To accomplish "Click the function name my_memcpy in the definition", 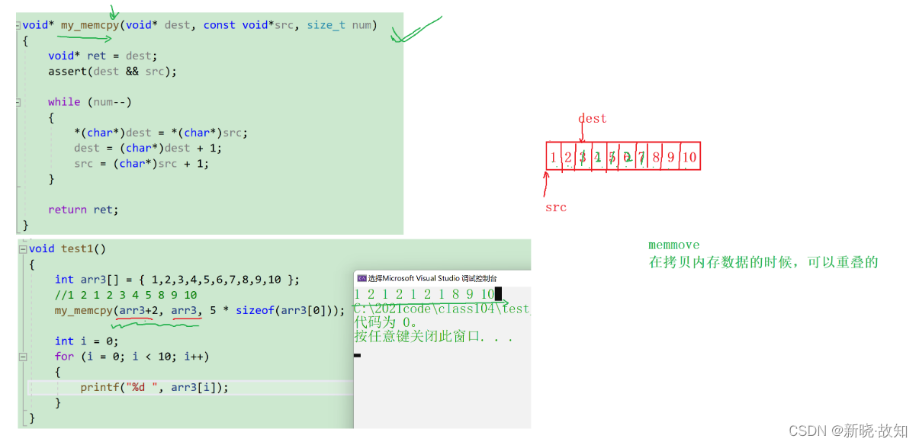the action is click(x=90, y=25).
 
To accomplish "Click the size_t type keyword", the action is click(x=326, y=25).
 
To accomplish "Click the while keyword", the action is click(x=63, y=101).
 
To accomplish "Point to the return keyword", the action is click(x=67, y=210).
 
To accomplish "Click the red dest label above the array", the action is click(x=592, y=118).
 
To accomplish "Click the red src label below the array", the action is click(x=555, y=206).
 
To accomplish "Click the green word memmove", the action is click(x=673, y=245).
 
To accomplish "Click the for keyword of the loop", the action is click(x=64, y=356).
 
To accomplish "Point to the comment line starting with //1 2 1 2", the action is click(x=126, y=294).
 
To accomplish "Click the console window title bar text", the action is click(x=432, y=278).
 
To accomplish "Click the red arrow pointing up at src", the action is click(x=546, y=184).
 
